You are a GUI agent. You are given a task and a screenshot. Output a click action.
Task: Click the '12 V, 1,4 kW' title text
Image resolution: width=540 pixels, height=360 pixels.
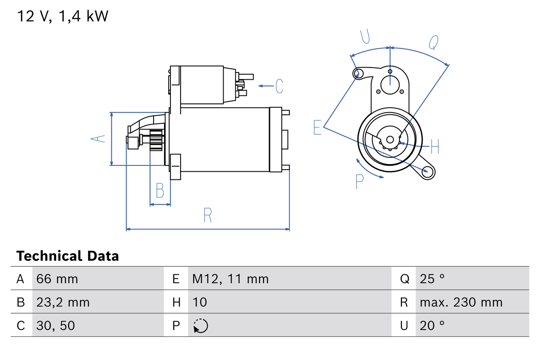click(x=62, y=16)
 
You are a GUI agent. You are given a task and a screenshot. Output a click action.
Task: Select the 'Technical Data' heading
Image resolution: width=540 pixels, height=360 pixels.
click(x=67, y=256)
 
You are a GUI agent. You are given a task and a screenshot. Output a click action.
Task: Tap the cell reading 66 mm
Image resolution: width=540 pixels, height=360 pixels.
click(x=57, y=279)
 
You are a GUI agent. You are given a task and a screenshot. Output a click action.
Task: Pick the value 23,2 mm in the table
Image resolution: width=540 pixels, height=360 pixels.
click(x=63, y=302)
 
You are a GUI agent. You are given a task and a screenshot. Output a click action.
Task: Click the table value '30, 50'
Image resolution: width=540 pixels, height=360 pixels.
click(x=56, y=325)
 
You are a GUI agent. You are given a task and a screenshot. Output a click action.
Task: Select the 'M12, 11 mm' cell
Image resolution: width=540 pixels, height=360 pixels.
click(x=230, y=279)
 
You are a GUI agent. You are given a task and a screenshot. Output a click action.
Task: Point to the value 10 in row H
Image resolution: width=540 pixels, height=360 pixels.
click(x=200, y=302)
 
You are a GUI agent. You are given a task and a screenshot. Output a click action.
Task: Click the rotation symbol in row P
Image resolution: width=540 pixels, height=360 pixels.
click(x=200, y=326)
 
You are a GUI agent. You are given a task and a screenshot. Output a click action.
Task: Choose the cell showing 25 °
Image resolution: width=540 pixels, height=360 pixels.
click(x=432, y=279)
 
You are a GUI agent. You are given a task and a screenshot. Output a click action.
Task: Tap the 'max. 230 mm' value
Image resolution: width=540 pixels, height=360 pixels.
click(x=461, y=302)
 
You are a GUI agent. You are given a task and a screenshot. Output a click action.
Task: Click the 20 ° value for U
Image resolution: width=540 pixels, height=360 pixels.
click(x=432, y=325)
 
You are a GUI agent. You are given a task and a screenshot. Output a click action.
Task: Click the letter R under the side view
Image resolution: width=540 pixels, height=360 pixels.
click(x=208, y=215)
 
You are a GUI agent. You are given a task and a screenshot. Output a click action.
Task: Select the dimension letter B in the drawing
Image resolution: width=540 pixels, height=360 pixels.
click(x=160, y=191)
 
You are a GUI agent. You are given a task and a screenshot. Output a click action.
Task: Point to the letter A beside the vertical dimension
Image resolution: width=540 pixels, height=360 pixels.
click(x=99, y=138)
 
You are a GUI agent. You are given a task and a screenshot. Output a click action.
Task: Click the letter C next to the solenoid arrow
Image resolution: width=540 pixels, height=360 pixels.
click(x=279, y=86)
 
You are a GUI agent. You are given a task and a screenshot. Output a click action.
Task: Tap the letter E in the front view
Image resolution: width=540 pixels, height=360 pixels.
click(x=318, y=127)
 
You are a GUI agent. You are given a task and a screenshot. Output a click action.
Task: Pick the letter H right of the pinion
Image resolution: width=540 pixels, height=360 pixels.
click(x=435, y=146)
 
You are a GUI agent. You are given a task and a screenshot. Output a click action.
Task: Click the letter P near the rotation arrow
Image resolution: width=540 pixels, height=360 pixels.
click(x=359, y=181)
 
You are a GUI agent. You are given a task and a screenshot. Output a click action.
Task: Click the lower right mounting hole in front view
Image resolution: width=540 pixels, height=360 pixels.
click(x=429, y=171)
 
